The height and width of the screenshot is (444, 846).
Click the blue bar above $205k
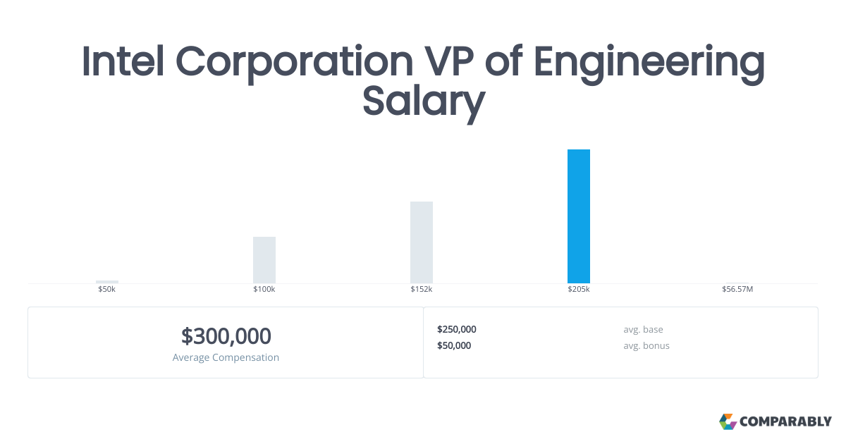(x=579, y=216)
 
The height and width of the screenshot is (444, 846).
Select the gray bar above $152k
(x=422, y=242)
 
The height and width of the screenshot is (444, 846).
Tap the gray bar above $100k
(x=264, y=260)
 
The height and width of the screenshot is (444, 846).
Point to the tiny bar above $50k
(x=107, y=282)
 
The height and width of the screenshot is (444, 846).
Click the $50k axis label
(x=107, y=289)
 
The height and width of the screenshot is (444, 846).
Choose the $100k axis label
(x=264, y=289)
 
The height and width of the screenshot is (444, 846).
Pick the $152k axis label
(x=422, y=289)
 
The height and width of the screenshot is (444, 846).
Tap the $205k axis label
(x=579, y=289)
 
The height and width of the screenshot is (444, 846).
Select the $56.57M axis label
(x=737, y=289)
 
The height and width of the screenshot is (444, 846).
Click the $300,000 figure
(x=226, y=336)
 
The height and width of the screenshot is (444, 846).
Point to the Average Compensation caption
(x=226, y=357)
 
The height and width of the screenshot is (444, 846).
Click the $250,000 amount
(x=457, y=329)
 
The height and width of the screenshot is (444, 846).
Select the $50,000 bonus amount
(x=454, y=345)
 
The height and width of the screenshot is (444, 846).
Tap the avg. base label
(x=643, y=330)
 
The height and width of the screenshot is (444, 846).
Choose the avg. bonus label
(x=646, y=346)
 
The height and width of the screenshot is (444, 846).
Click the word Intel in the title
(x=123, y=61)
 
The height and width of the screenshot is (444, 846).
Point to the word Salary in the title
(x=424, y=102)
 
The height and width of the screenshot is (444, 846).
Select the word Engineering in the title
(x=649, y=64)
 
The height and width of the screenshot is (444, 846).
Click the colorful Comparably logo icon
(x=728, y=421)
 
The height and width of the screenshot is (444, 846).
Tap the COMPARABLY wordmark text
(x=785, y=421)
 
